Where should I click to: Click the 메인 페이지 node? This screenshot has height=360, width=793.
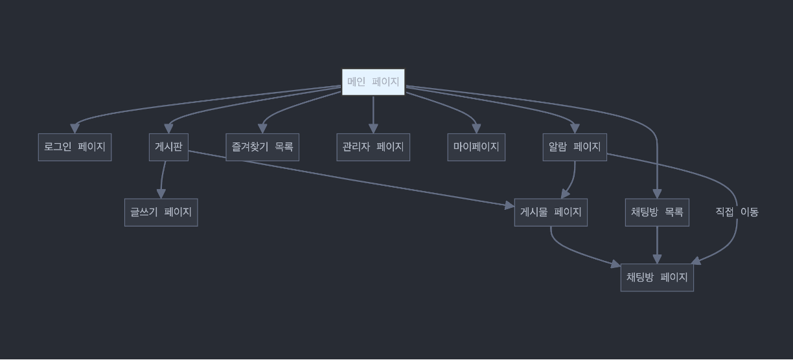pos(373,82)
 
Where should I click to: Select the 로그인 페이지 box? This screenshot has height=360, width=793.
pos(75,147)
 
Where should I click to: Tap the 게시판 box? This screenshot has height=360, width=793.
pos(168,147)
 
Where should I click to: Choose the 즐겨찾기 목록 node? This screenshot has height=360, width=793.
pos(262,147)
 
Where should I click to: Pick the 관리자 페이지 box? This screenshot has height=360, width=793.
pos(373,147)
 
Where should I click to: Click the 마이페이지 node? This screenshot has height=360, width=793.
pos(476,147)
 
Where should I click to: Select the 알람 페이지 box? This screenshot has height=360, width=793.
pos(575,147)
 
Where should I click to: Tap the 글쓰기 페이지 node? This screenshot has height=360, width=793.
pos(161,212)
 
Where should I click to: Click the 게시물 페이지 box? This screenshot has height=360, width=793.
pos(551,212)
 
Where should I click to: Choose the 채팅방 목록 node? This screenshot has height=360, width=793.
pos(657,212)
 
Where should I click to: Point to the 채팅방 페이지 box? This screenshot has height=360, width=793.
pos(657,278)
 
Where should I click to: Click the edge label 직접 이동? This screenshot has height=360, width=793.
pos(737,212)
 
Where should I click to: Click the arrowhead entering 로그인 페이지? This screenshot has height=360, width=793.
pos(75,129)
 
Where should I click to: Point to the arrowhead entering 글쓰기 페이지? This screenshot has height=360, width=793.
pos(161,194)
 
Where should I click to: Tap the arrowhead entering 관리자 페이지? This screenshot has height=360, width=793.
pos(373,129)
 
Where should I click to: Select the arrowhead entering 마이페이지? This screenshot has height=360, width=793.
pos(476,129)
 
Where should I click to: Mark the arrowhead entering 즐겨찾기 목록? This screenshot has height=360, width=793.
pos(262,129)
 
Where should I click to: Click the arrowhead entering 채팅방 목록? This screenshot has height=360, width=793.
pos(657,194)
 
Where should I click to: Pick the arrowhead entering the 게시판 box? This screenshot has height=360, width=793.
pos(168,129)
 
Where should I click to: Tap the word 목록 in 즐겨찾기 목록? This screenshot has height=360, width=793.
pos(284,147)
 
